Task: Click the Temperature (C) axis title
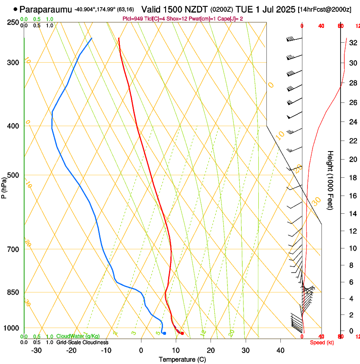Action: [x=182, y=359]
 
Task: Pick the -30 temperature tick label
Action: [x=36, y=350]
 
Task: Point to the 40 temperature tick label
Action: [x=280, y=350]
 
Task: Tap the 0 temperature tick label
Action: [x=141, y=350]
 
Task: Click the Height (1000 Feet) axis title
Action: [x=330, y=180]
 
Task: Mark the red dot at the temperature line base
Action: [x=182, y=334]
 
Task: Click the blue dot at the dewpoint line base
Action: [x=164, y=334]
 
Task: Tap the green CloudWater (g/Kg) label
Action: [x=78, y=336]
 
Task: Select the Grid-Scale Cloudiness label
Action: [x=82, y=342]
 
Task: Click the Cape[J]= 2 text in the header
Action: [x=230, y=19]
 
